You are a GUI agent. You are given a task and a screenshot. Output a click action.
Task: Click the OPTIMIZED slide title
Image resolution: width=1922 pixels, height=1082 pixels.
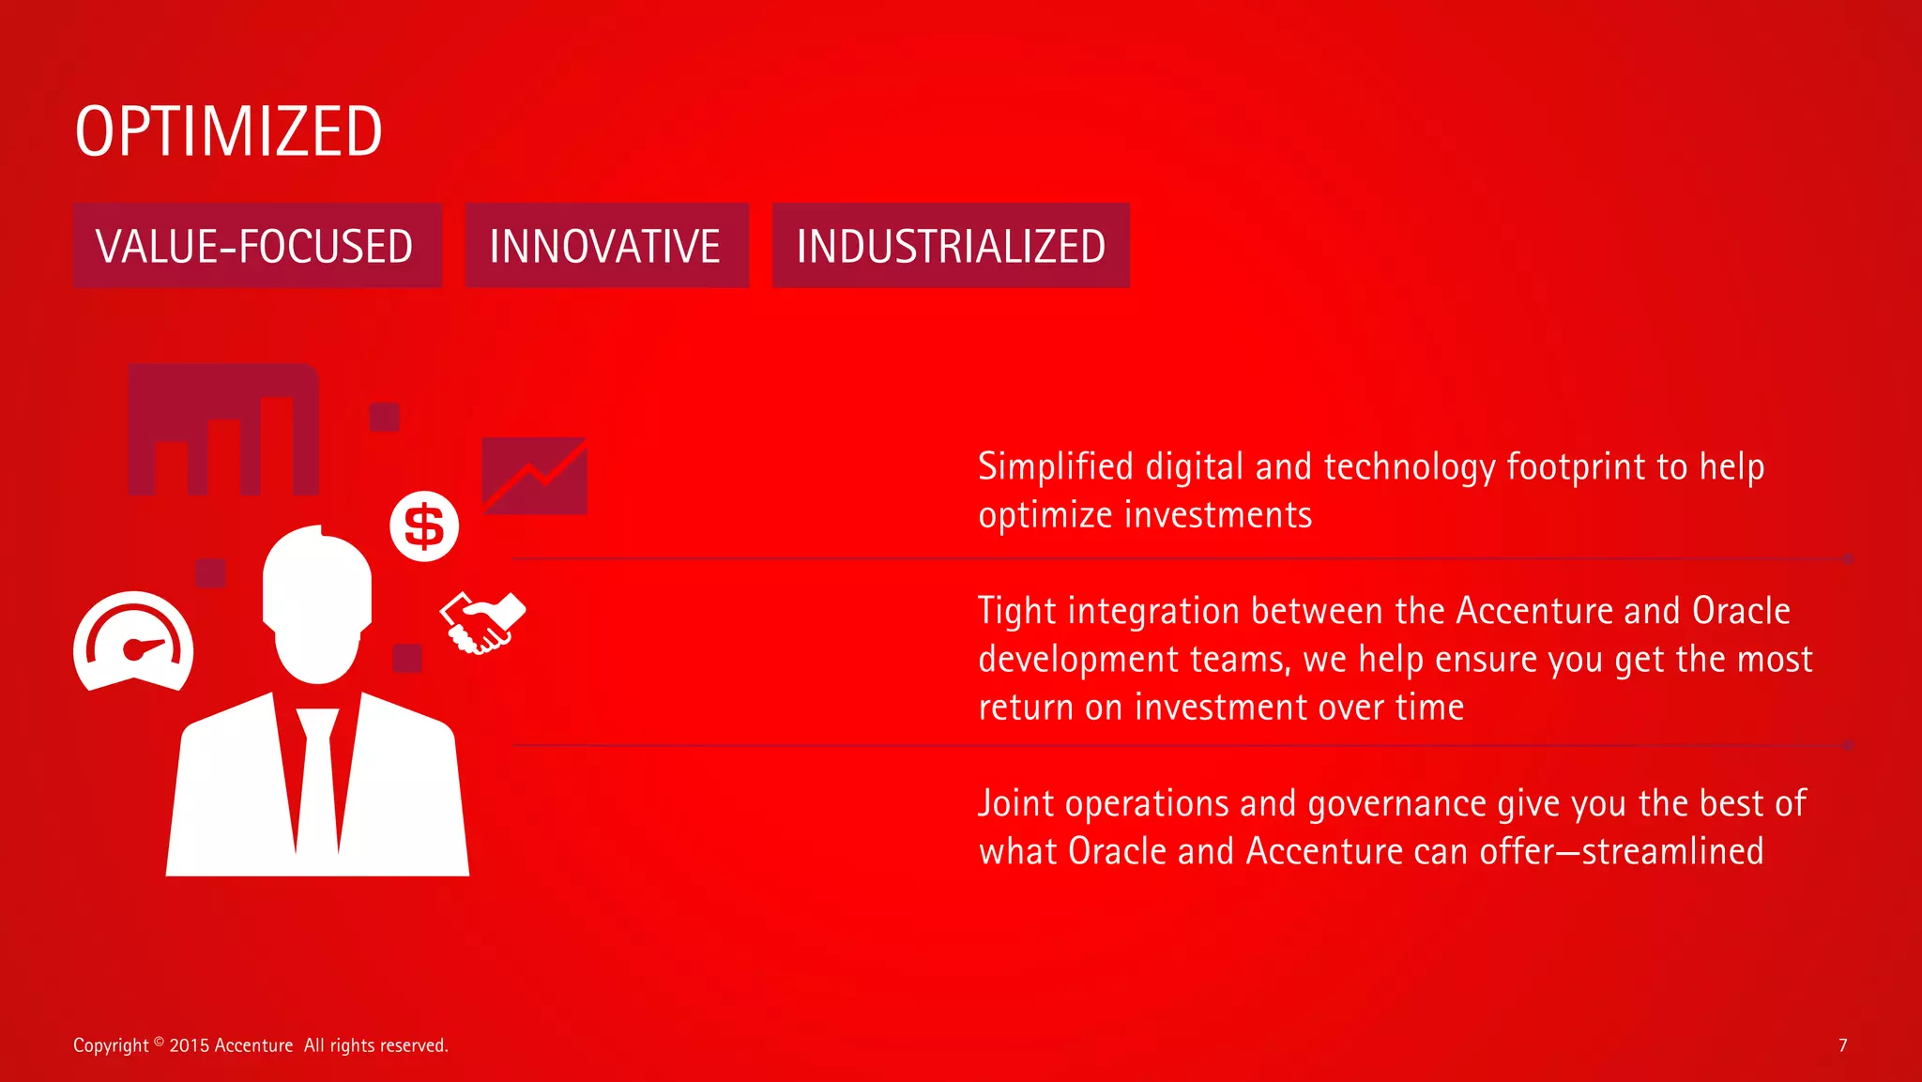point(228,131)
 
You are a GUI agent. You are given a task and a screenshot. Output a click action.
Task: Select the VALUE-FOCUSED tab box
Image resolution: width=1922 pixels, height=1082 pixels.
point(257,246)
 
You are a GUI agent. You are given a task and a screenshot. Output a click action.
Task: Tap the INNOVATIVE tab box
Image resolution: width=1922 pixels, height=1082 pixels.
point(606,246)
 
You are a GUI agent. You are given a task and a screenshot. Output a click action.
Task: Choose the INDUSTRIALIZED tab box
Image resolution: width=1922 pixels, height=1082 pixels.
point(950,246)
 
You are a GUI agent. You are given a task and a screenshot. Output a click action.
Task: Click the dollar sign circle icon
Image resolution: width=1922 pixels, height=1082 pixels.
point(424,526)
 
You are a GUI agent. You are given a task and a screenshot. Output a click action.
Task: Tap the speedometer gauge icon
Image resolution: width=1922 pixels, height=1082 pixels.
point(133,644)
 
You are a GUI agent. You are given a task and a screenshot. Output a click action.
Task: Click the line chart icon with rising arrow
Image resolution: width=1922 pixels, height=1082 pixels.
point(534,475)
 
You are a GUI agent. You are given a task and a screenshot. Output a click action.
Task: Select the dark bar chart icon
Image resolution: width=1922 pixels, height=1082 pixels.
point(223,430)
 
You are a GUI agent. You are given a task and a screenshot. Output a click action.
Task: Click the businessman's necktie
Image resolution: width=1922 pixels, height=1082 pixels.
point(317,779)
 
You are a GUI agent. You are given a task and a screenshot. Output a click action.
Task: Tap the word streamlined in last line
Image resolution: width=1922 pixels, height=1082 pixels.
point(1672,851)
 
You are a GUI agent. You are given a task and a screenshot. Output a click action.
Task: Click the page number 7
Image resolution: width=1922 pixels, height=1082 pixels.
point(1842,1045)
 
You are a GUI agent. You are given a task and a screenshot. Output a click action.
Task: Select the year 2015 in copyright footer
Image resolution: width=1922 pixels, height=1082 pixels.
point(189,1045)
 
